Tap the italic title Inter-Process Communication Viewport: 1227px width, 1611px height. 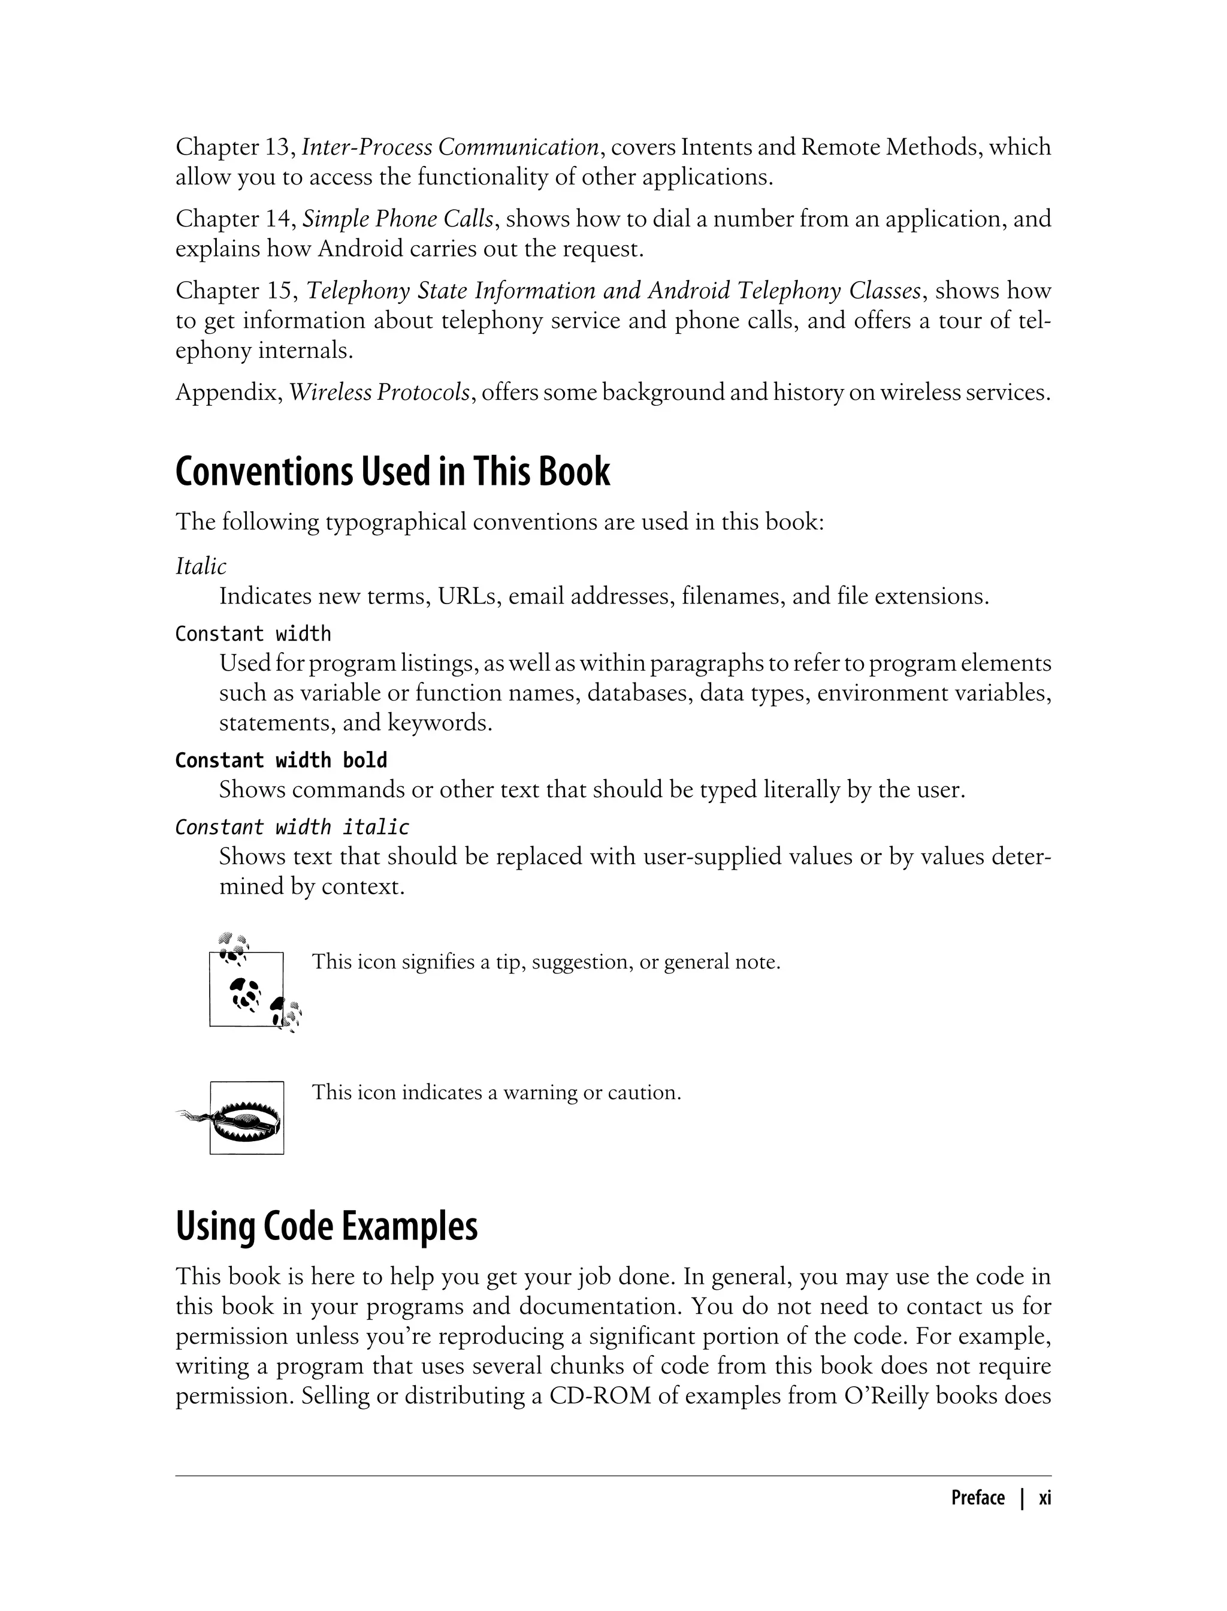pos(450,147)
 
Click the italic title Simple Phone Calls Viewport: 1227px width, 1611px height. pos(398,219)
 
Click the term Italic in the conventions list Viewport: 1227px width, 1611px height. pos(201,566)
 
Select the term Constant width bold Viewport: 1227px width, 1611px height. pos(281,761)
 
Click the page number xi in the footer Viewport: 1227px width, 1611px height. pos(1044,1498)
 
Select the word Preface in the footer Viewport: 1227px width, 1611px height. pos(977,1498)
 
